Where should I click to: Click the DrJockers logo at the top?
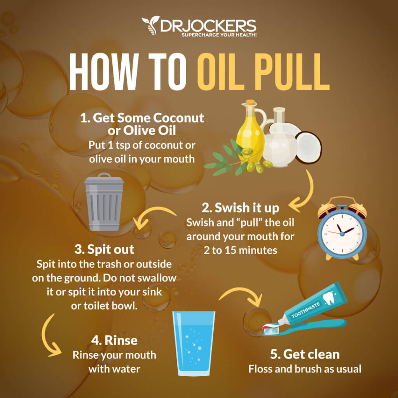[x=199, y=26]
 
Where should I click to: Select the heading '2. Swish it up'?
[x=240, y=208]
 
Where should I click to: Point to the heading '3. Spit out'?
[x=105, y=249]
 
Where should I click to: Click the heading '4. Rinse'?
[x=114, y=340]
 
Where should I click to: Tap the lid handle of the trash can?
[x=104, y=176]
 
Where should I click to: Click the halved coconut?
[x=308, y=147]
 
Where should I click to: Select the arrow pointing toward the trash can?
[x=154, y=216]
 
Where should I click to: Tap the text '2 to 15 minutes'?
[x=240, y=250]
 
